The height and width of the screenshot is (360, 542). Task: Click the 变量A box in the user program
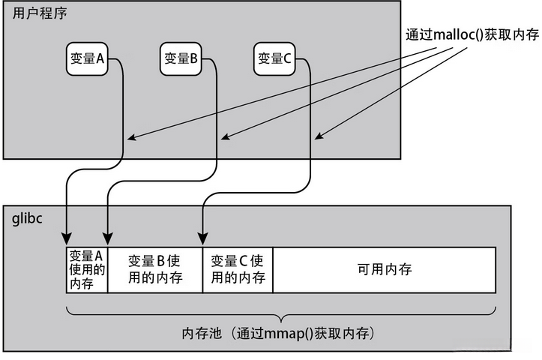(x=88, y=59)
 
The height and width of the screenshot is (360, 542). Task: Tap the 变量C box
(x=274, y=59)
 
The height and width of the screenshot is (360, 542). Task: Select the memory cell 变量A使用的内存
(x=87, y=270)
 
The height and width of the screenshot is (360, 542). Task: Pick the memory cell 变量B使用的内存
(x=155, y=270)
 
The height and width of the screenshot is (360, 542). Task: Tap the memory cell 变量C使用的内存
(x=238, y=270)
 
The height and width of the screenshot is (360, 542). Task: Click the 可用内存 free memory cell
(x=384, y=269)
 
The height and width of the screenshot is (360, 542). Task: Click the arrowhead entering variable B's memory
(x=109, y=241)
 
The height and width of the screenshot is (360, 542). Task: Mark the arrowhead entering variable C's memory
(x=202, y=241)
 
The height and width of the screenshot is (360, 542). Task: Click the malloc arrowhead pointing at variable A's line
(x=130, y=138)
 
